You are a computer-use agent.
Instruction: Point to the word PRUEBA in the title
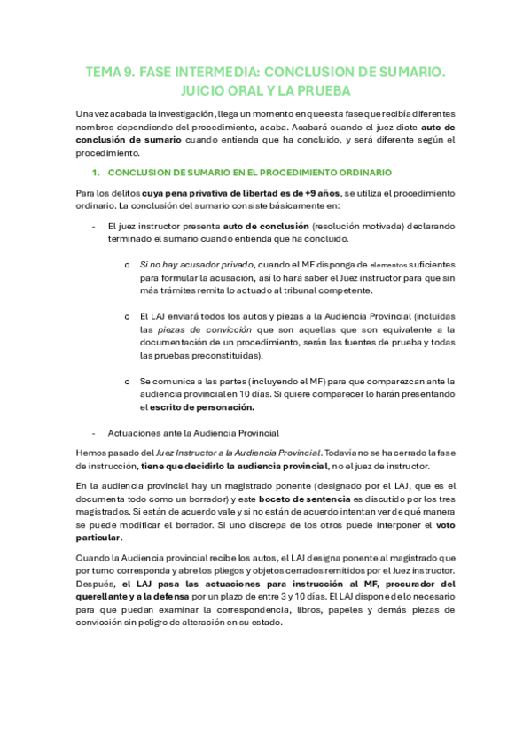click(324, 91)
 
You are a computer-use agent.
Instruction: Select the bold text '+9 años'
click(316, 192)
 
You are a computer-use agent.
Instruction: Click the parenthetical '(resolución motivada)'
click(311, 227)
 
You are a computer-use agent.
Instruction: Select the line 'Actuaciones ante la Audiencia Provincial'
click(192, 433)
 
